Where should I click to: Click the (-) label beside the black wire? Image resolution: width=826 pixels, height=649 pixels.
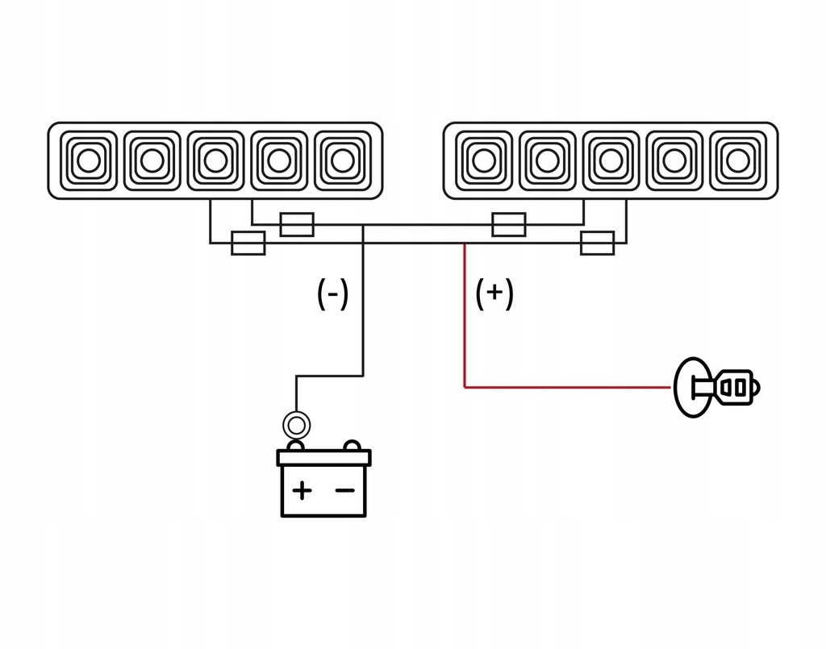(332, 294)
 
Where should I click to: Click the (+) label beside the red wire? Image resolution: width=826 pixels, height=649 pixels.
(494, 294)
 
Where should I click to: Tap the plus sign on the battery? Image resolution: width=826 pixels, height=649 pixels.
(302, 489)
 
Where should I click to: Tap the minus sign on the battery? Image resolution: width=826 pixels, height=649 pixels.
(344, 489)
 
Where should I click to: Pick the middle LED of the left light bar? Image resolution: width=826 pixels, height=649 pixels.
(215, 160)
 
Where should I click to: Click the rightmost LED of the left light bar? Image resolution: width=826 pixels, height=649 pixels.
(343, 160)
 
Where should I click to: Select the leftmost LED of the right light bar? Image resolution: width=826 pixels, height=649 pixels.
(483, 160)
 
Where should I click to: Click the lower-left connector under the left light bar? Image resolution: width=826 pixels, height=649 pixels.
(248, 243)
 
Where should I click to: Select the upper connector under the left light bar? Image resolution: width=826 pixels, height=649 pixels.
(296, 225)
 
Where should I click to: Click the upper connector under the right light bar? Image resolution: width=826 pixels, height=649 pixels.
(509, 225)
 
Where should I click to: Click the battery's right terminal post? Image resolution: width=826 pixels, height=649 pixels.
(352, 445)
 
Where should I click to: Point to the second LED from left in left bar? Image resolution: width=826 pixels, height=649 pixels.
(149, 160)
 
